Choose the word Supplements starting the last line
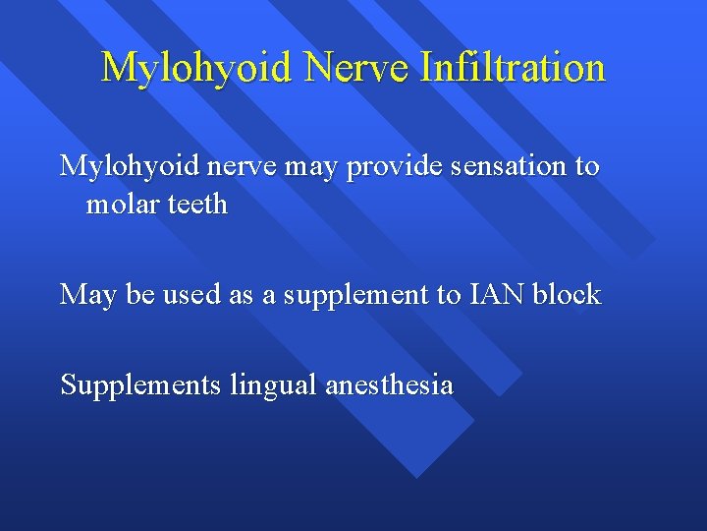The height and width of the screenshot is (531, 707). coord(141,385)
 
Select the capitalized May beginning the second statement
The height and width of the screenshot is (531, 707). coord(85,295)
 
